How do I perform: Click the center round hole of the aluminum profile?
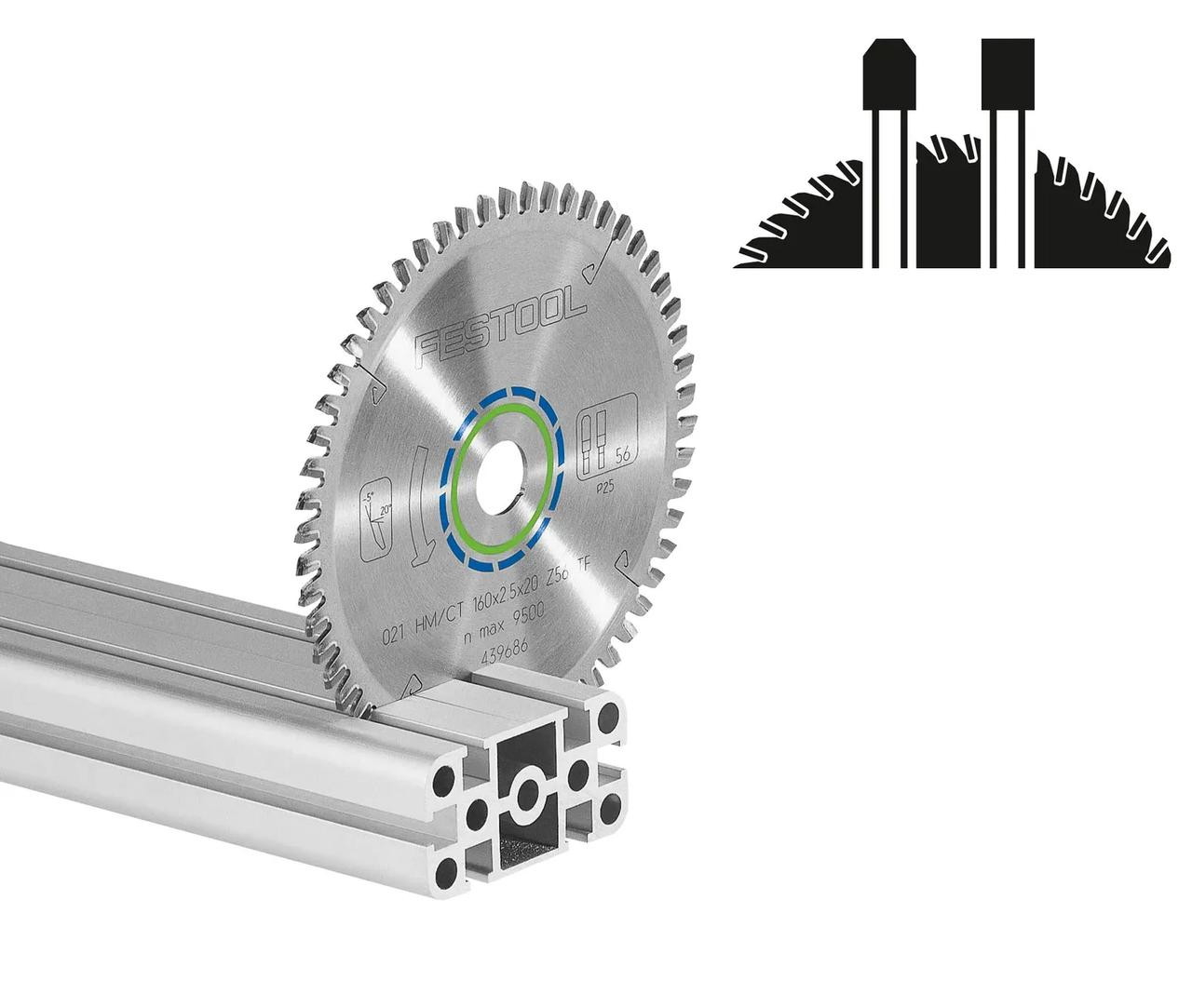(529, 794)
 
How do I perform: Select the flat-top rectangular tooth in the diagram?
(1008, 74)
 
